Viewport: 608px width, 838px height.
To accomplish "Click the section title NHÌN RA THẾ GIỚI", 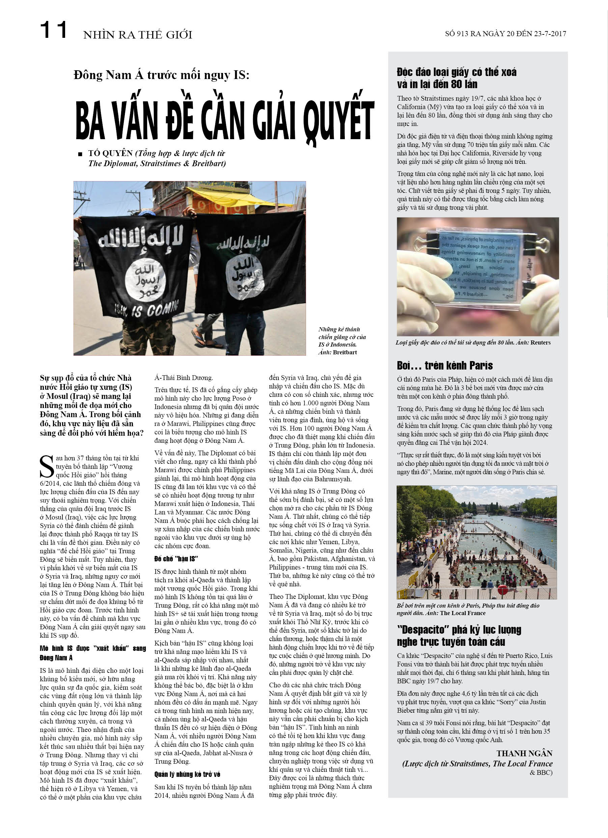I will tap(138, 35).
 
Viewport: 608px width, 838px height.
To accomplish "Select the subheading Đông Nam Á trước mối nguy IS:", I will tap(161, 75).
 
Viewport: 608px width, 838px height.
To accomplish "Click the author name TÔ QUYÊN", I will tap(110, 153).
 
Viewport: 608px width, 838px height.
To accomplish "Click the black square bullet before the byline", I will tap(80, 154).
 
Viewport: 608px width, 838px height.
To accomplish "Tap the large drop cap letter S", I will tap(47, 467).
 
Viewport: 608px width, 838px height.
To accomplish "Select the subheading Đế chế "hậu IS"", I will tap(176, 559).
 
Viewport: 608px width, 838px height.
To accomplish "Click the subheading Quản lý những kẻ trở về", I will tap(187, 774).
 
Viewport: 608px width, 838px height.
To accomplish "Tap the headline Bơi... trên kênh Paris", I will tap(444, 366).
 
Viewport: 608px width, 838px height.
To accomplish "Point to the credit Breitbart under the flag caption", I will tap(345, 352).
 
